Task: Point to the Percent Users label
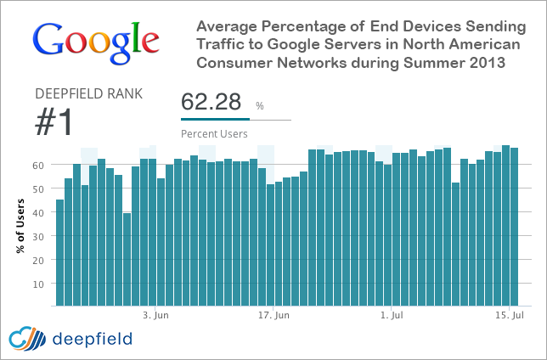[215, 133]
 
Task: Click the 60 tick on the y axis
[38, 165]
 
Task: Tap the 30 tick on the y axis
[38, 235]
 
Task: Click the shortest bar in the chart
[127, 259]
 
